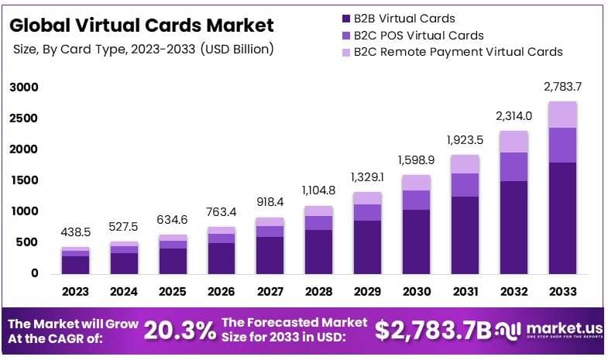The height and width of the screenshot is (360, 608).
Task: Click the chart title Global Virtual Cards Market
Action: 142,25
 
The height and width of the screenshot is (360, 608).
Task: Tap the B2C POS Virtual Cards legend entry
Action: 418,35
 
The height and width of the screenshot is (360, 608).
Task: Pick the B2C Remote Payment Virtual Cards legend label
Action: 458,52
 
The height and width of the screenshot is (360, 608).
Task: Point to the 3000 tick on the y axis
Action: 23,87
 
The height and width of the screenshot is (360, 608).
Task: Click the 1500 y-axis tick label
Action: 23,180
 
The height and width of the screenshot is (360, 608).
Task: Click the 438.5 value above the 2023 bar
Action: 76,231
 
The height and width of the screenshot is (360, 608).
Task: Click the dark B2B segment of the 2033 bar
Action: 563,218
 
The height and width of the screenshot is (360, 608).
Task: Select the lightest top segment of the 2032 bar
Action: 514,142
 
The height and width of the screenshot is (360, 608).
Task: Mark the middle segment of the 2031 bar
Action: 465,185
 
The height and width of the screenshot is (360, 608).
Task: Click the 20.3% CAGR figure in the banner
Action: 180,331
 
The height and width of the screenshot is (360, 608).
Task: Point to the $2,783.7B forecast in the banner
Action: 433,331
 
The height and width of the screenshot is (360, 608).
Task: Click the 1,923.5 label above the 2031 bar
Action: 465,140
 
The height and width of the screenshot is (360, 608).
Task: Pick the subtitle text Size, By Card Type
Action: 143,49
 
